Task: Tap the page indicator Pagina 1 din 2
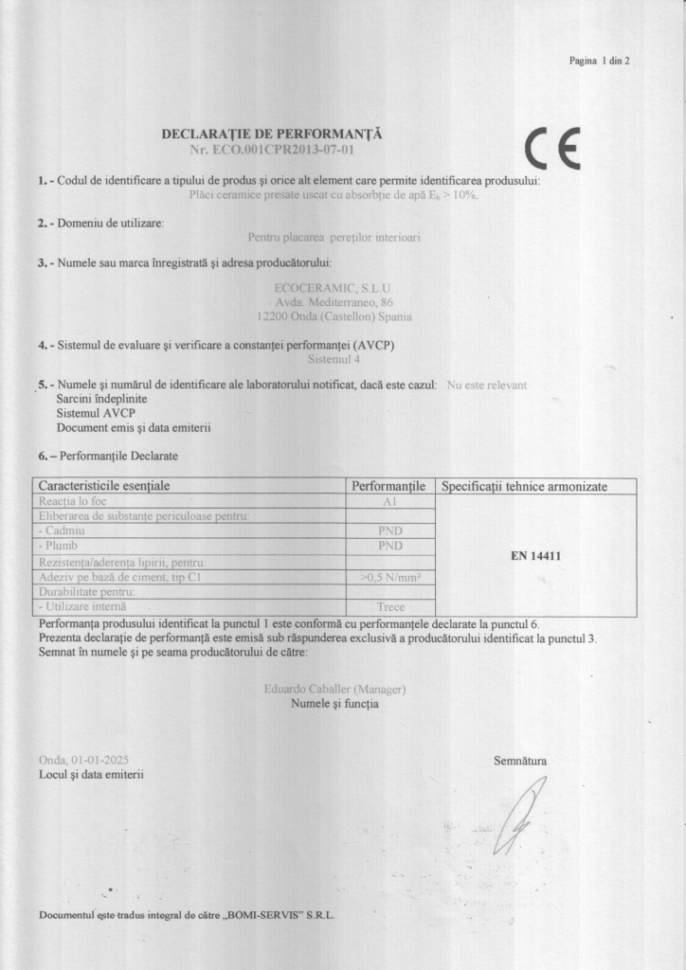pyautogui.click(x=599, y=61)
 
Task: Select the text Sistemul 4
pyautogui.click(x=334, y=360)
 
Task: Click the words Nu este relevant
pyautogui.click(x=486, y=386)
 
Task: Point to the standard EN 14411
pyautogui.click(x=535, y=556)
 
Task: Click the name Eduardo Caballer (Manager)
pyautogui.click(x=335, y=689)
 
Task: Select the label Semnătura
pyautogui.click(x=519, y=760)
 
